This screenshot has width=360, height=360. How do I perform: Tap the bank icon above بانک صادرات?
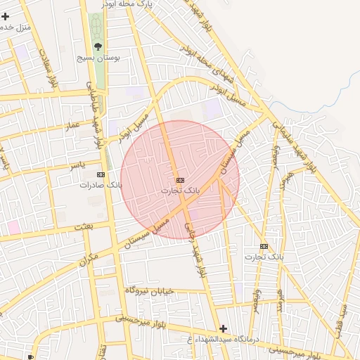tap(101, 174)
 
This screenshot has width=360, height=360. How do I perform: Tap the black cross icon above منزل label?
tap(6, 15)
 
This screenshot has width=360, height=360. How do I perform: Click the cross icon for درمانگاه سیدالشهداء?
tap(223, 328)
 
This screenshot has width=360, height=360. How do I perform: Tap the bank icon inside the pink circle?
tap(180, 180)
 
